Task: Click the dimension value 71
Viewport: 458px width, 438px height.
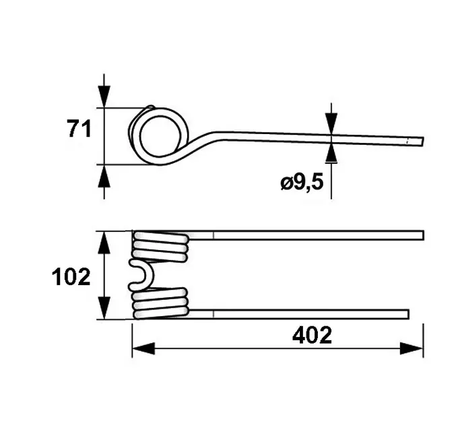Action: (79, 129)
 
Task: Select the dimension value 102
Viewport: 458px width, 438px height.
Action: (71, 276)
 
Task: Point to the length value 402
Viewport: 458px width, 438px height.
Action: (312, 335)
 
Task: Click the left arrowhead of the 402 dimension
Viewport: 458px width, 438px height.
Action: (143, 348)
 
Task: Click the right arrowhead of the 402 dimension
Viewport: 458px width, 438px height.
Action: (412, 348)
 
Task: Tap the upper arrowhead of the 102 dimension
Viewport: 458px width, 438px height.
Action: (104, 243)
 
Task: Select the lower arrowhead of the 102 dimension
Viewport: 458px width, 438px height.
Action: (104, 308)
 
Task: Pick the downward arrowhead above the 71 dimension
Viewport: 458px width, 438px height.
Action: (104, 96)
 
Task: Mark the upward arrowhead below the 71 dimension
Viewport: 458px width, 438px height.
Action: (104, 176)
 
